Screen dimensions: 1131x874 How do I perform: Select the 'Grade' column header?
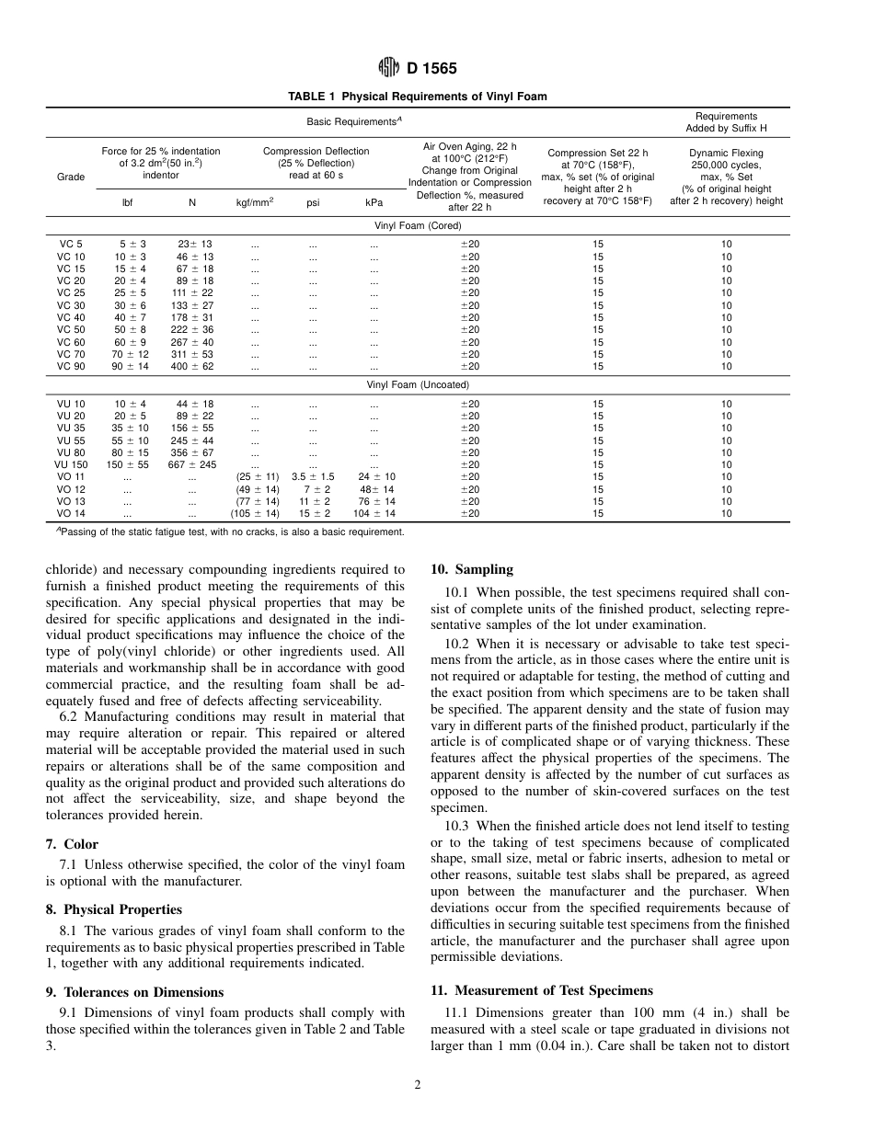coord(71,177)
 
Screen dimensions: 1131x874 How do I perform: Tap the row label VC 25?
coord(71,292)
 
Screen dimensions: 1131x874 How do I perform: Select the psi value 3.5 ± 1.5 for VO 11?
coord(313,476)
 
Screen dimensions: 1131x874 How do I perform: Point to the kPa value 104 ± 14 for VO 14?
coord(377,513)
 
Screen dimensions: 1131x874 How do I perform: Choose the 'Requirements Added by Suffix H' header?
coord(726,122)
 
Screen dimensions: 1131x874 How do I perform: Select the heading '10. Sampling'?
coord(472,569)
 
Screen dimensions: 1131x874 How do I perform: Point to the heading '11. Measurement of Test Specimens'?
coord(542,990)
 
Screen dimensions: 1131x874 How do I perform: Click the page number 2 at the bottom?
coord(417,1085)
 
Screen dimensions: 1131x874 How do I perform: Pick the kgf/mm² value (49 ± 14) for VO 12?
coord(257,489)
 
